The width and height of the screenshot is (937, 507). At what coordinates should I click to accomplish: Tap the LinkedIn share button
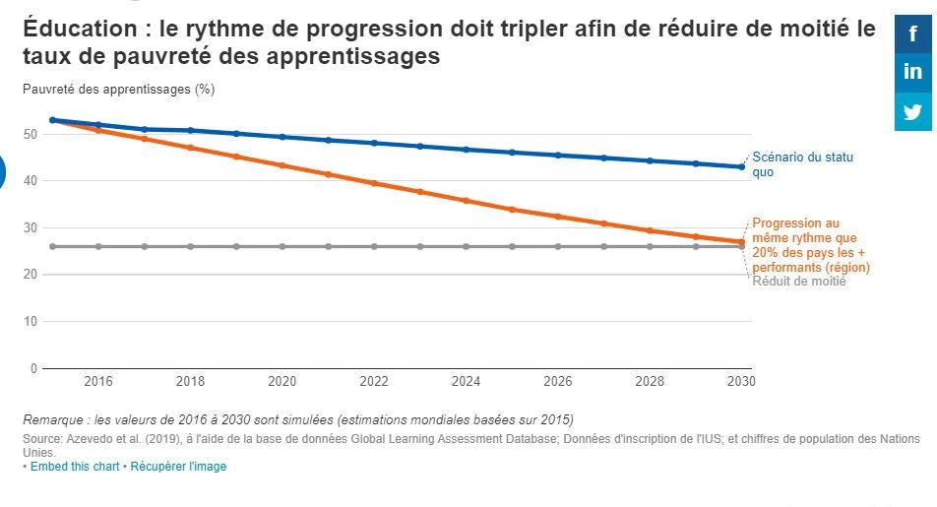[x=912, y=72]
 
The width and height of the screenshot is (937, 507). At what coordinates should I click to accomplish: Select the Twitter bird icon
[x=912, y=111]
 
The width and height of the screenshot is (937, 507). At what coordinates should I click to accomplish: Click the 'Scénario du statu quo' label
[x=802, y=164]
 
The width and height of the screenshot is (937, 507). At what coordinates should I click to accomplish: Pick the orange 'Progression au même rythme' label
[x=810, y=245]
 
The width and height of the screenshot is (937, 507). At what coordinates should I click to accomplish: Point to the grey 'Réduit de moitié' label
[x=798, y=282]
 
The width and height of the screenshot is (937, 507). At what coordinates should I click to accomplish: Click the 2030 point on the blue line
[x=741, y=166]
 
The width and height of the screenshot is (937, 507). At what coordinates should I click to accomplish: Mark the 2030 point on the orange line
[x=741, y=241]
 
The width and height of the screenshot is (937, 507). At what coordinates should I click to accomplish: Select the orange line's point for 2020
[x=282, y=165]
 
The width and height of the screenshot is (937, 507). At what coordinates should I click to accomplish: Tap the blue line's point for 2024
[x=466, y=150]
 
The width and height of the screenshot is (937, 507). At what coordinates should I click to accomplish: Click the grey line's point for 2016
[x=98, y=246]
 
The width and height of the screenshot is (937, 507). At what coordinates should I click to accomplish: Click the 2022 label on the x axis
[x=374, y=382]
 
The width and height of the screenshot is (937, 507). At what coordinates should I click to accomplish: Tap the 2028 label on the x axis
[x=650, y=382]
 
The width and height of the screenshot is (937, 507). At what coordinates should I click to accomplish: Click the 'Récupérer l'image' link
[x=178, y=467]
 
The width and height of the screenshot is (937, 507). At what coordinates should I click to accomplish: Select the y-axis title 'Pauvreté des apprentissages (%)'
[x=118, y=89]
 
